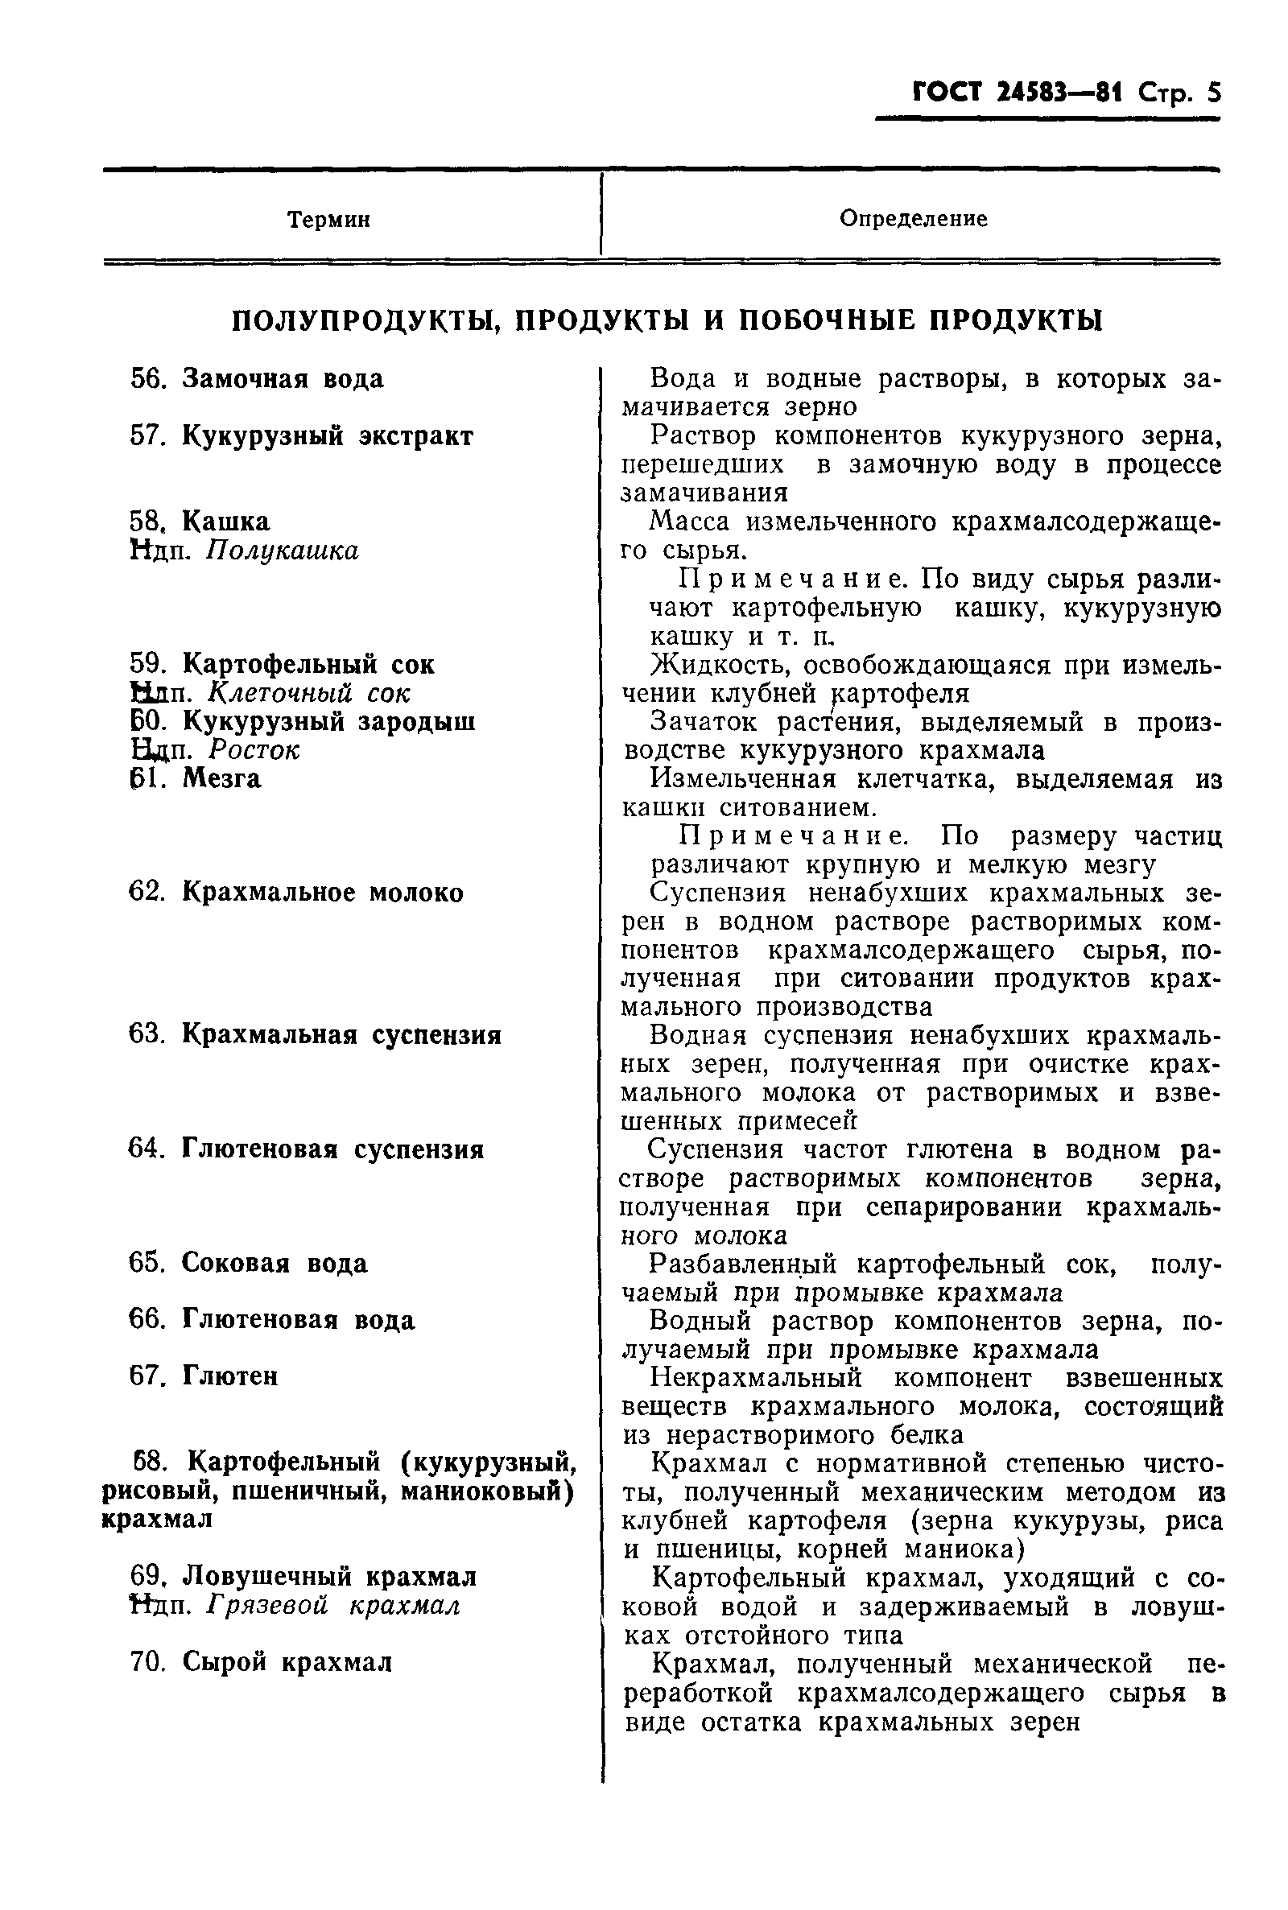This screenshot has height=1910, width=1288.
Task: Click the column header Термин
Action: click(328, 220)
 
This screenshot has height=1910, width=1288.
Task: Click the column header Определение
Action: click(913, 218)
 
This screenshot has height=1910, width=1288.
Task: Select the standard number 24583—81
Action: click(1059, 93)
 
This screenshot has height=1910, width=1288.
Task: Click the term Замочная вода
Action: click(283, 378)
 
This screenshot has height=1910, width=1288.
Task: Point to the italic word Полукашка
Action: click(282, 551)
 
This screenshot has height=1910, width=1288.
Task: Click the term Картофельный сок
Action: click(308, 663)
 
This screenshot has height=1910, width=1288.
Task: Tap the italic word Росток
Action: click(254, 749)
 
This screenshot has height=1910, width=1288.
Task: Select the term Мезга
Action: click(222, 778)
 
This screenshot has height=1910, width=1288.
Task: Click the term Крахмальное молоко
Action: click(322, 892)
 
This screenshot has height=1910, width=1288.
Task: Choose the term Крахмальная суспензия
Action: click(341, 1033)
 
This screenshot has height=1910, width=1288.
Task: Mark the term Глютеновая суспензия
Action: click(332, 1149)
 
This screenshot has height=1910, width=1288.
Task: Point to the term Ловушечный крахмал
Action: click(328, 1576)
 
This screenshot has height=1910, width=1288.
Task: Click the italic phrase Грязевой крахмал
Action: click(332, 1604)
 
